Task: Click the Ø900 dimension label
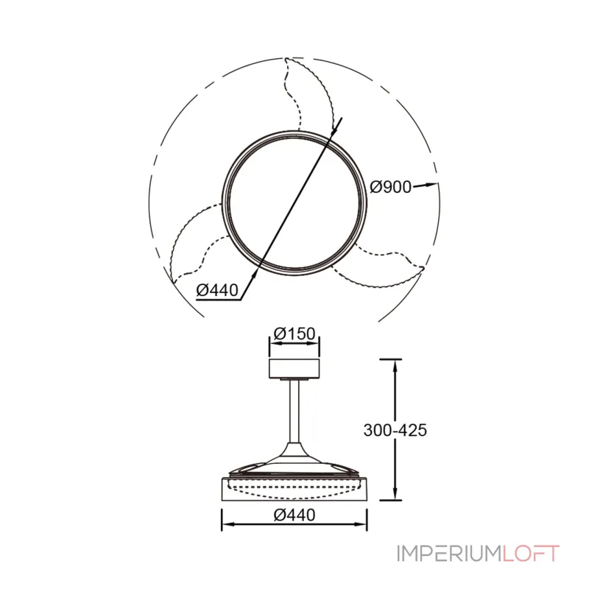coord(391,187)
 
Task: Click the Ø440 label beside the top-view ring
coord(217,290)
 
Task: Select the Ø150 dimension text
coord(294,334)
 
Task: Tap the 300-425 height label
coord(395,430)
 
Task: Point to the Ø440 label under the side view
coord(294,515)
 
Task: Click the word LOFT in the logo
coord(530,554)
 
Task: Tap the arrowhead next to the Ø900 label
coord(431,184)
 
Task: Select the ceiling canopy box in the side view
coord(294,368)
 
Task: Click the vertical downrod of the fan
coord(294,412)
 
